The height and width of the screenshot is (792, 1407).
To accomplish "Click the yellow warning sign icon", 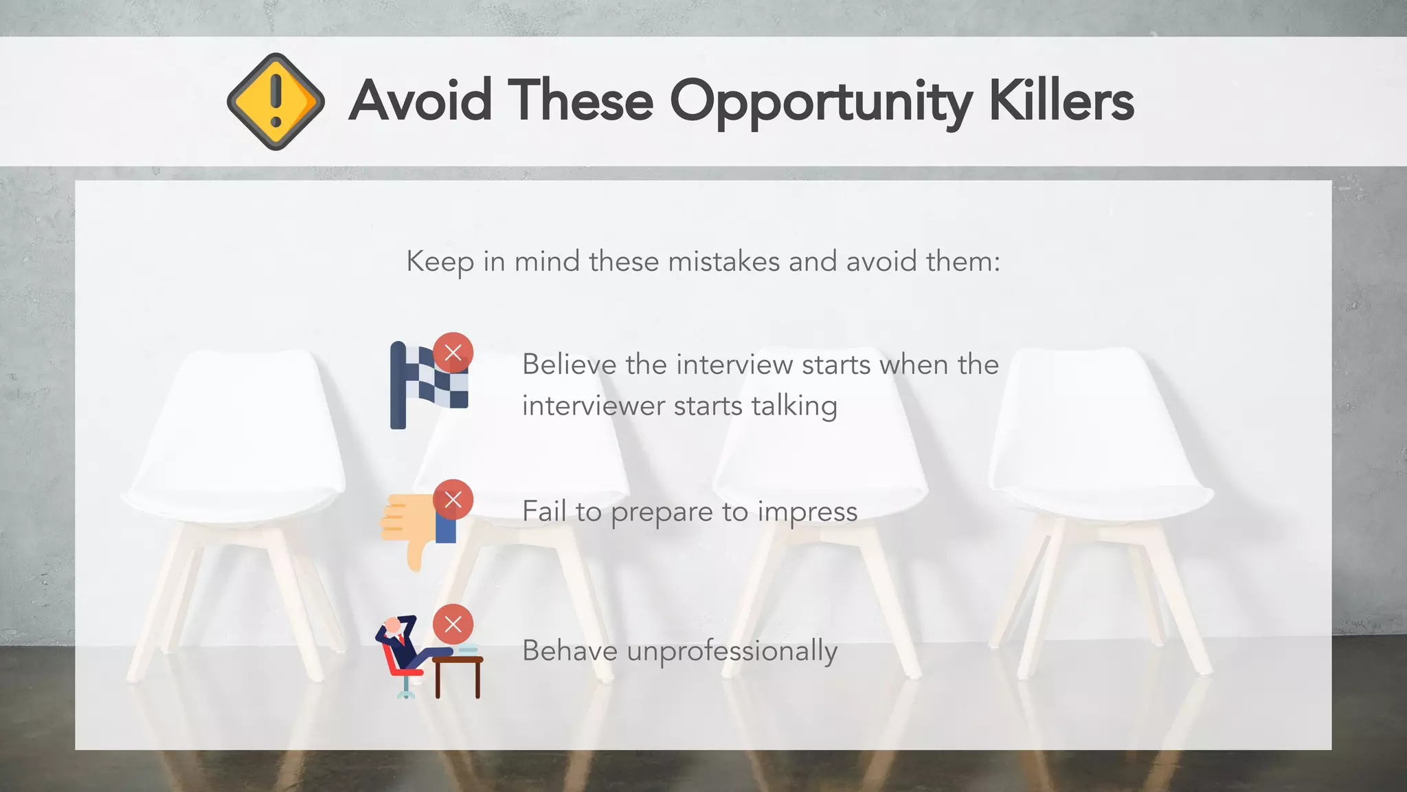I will (x=275, y=101).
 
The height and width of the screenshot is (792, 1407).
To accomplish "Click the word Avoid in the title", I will (x=420, y=101).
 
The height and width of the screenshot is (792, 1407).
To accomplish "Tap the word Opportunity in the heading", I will (x=821, y=103).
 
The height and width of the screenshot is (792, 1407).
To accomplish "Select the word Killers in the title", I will (x=1061, y=101).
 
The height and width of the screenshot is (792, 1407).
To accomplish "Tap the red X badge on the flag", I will (x=453, y=353).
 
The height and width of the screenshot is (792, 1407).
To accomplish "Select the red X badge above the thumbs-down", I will (x=453, y=500).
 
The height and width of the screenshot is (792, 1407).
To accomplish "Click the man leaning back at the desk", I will (x=402, y=646).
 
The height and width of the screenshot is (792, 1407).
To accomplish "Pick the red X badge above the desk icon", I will (x=453, y=624).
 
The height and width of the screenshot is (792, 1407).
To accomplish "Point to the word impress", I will (x=807, y=513).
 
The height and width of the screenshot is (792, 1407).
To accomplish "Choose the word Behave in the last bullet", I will (x=570, y=650).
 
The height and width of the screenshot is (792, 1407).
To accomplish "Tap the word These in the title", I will (x=581, y=101).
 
